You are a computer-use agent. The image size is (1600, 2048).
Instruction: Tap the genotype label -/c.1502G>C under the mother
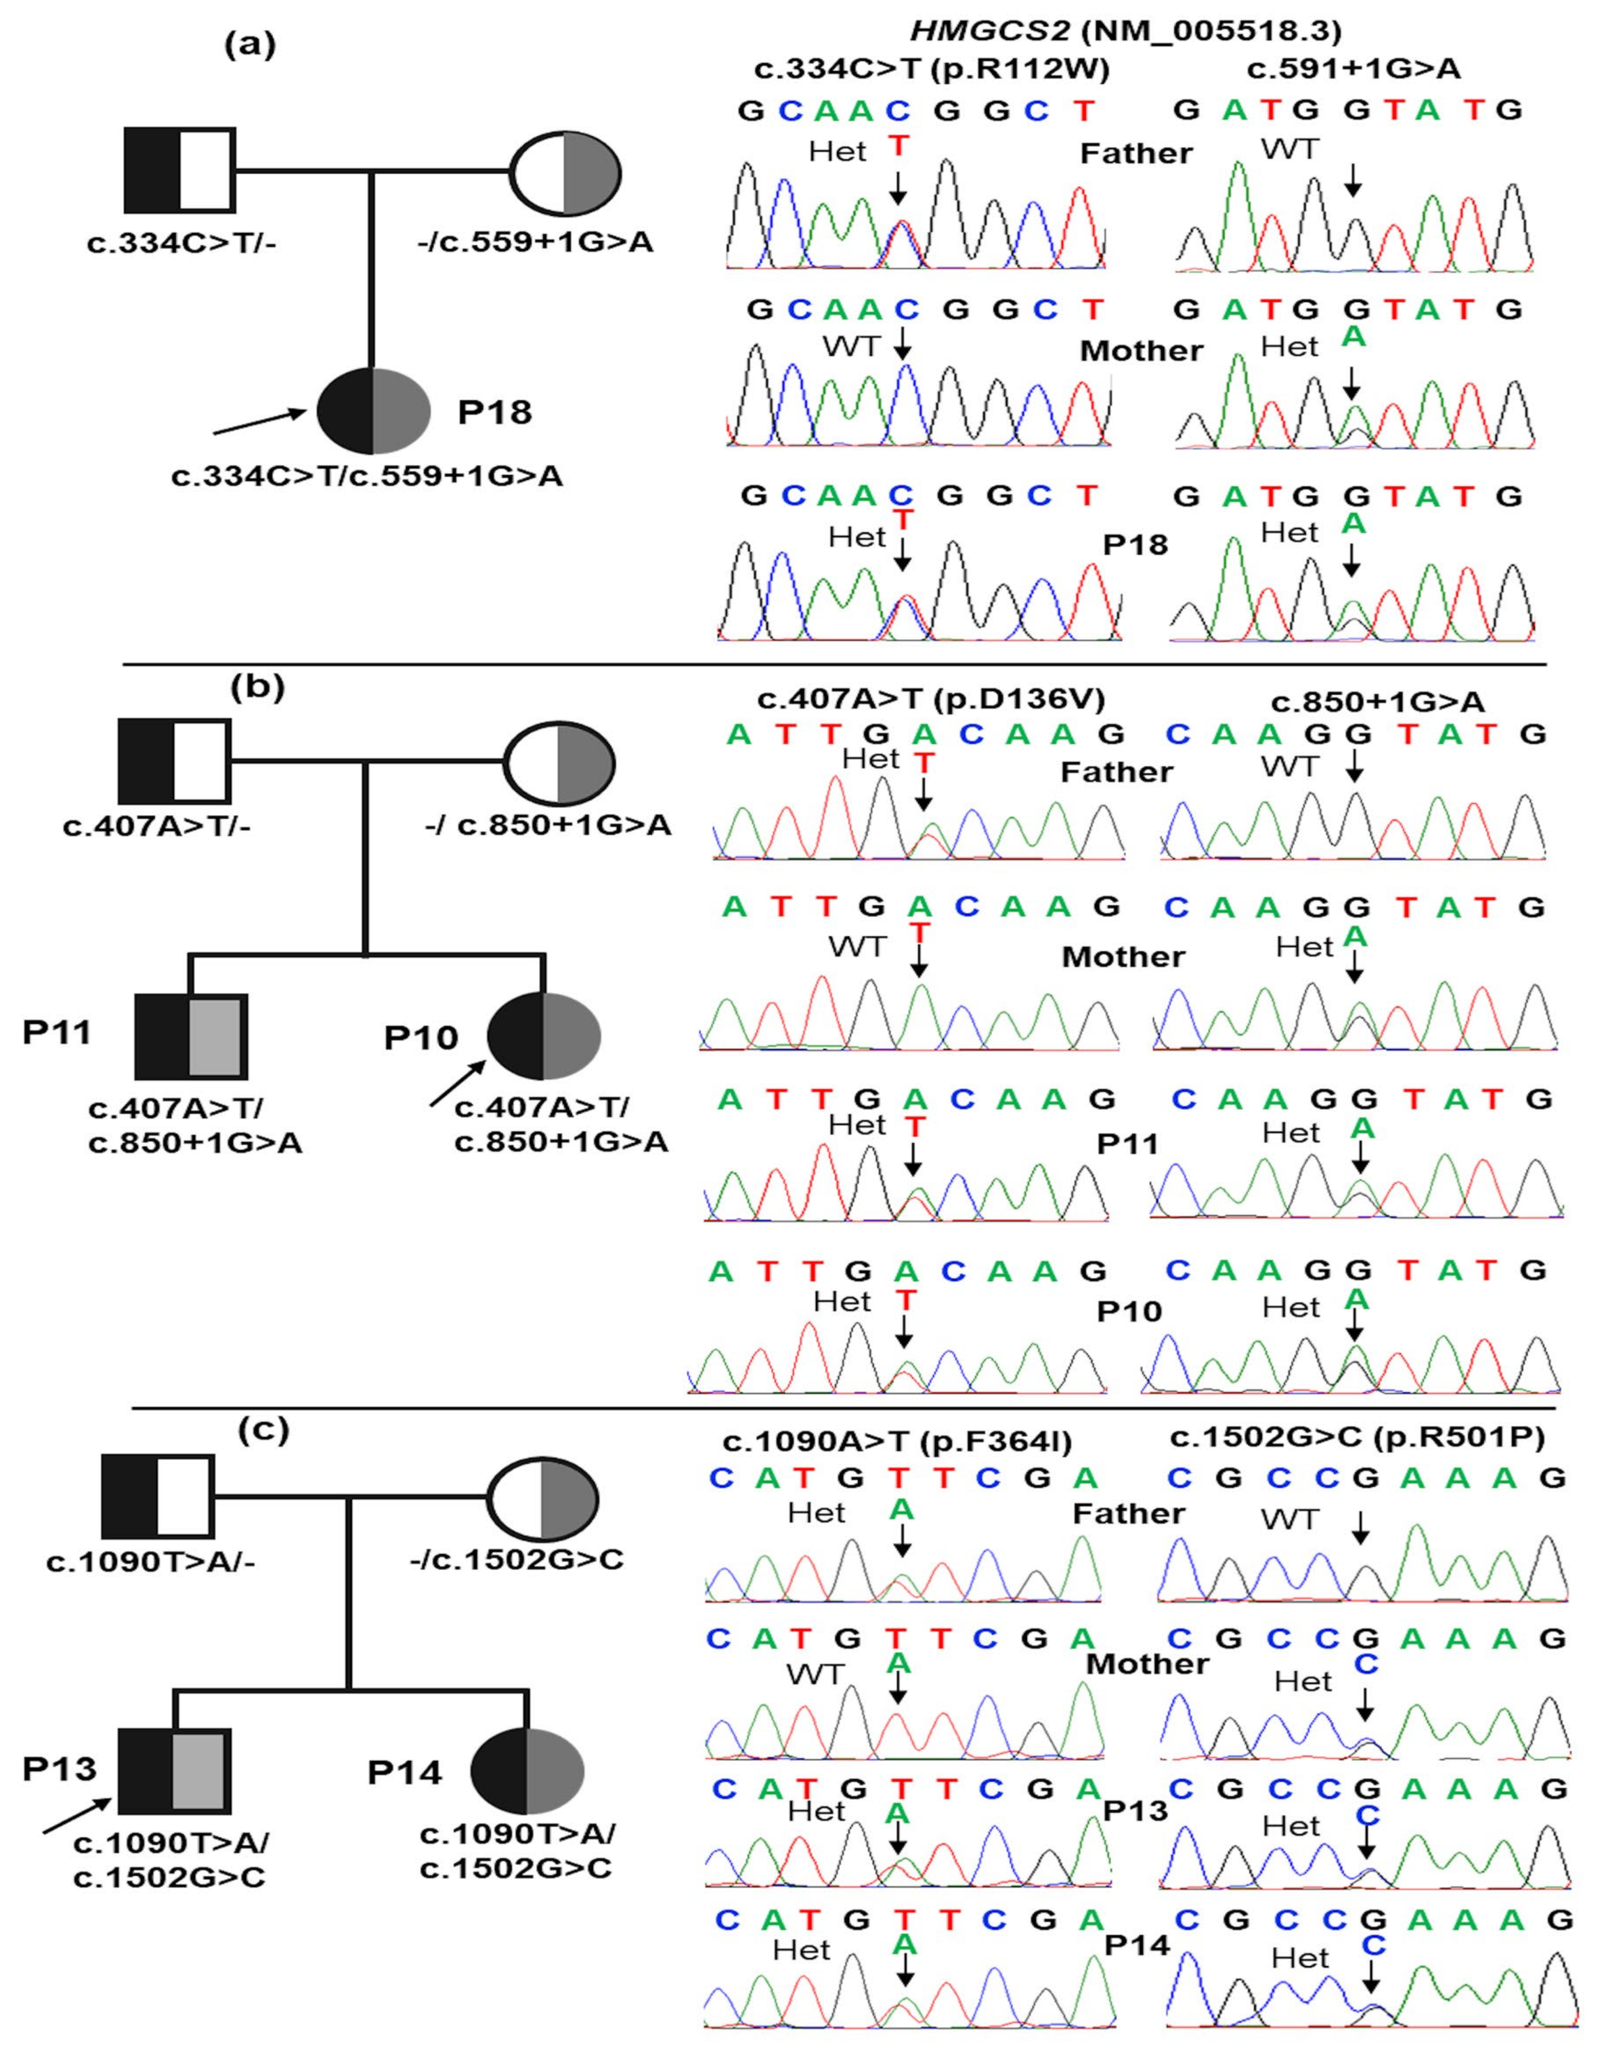point(517,1560)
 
